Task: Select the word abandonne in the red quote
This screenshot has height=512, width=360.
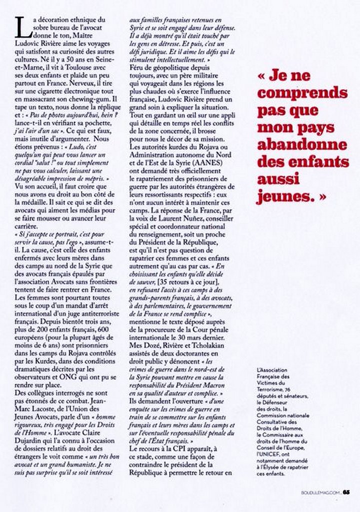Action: click(302, 145)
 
